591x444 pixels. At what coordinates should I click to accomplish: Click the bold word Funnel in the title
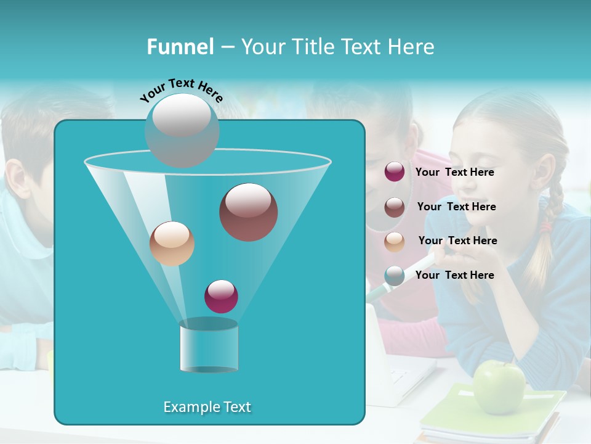coord(180,47)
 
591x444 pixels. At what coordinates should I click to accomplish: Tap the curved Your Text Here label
coord(181,90)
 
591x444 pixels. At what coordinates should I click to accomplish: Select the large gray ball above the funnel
coord(182,130)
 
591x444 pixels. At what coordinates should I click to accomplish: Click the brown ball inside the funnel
coord(248,212)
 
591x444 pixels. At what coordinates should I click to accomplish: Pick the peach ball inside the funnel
coord(172,244)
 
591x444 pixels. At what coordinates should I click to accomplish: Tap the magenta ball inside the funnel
coord(221,296)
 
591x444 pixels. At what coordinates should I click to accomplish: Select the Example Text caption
coord(207,407)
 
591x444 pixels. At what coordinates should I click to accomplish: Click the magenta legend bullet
coord(395,172)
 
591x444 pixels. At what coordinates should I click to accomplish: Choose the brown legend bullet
coord(395,207)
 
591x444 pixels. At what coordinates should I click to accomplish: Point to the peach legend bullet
coord(395,242)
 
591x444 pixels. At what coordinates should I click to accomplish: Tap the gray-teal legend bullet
coord(395,276)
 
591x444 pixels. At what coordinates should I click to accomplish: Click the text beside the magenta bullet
coord(454,173)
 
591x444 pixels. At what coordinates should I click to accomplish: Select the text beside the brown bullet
coord(456,207)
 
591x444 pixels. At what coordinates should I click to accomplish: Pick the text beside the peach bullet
coord(457,241)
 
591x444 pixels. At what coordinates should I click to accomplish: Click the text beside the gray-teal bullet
coord(454,275)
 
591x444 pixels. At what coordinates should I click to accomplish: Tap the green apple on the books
coord(499,387)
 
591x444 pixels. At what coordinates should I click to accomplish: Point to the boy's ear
coord(17,178)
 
